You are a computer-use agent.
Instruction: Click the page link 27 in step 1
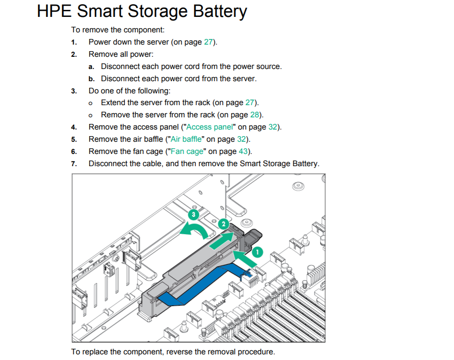pos(208,42)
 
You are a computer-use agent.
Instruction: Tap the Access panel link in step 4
pos(209,127)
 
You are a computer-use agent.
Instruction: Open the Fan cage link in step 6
pos(187,152)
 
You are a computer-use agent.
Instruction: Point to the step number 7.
pos(74,164)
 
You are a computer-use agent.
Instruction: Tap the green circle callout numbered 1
pos(257,252)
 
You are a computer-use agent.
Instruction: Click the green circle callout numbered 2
pos(224,224)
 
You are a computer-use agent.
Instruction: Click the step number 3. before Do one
pos(74,91)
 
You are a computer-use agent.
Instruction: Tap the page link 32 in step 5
pos(241,139)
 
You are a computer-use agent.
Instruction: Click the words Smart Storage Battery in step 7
pos(279,164)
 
